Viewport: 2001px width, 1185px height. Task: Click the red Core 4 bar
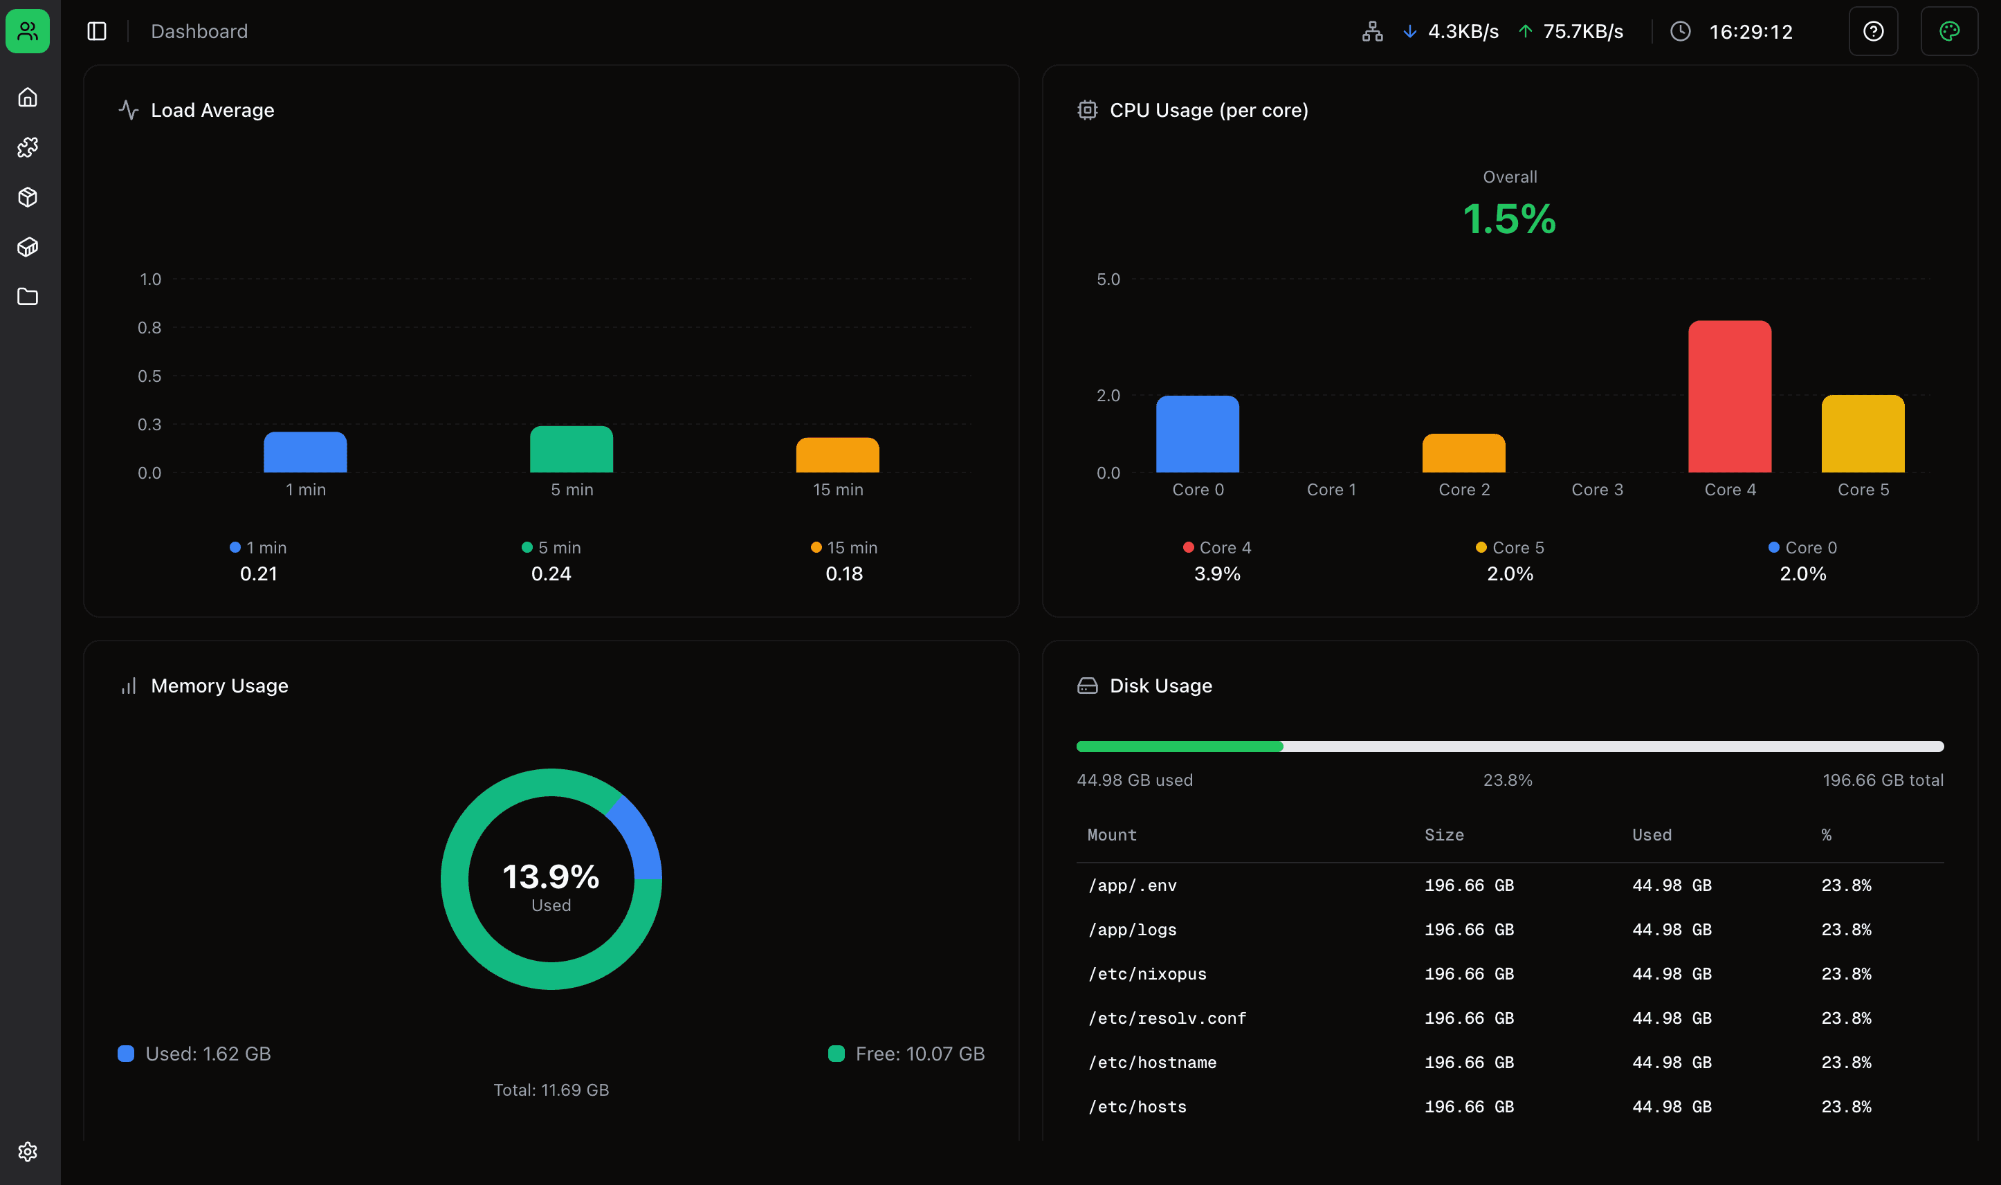1730,397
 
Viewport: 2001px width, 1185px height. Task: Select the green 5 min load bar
571,450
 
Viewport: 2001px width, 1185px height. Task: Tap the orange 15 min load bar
837,455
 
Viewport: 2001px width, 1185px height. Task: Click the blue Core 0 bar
1197,434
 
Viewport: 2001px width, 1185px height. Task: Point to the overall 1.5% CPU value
1509,219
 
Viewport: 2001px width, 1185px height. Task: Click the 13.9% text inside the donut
551,876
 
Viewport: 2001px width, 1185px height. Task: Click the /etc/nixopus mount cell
1146,973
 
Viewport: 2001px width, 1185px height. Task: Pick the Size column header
1443,834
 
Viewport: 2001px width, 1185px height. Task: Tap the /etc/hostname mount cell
1151,1062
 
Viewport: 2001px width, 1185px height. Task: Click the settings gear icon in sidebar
28,1152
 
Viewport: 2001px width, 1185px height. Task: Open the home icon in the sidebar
28,98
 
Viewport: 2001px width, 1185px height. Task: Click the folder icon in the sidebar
28,297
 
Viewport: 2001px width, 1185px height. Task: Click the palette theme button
1948,31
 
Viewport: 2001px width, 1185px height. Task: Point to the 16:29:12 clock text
1751,32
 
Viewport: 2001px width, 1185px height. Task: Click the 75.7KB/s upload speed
1582,32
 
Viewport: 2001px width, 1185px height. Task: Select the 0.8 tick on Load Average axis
149,327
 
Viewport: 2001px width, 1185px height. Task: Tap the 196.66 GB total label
1882,780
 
